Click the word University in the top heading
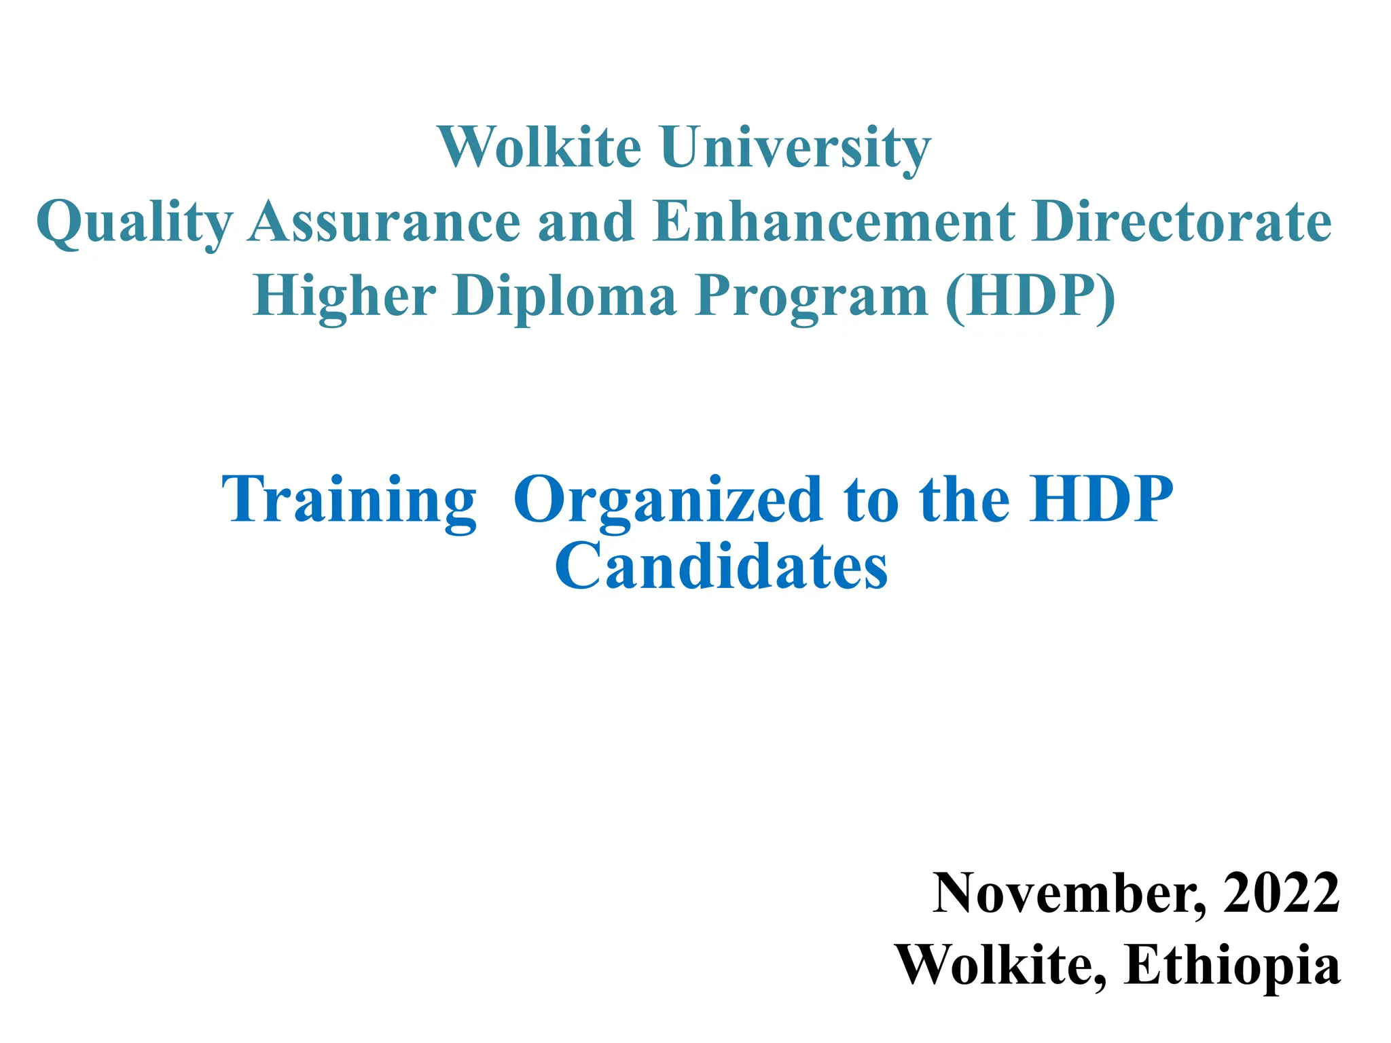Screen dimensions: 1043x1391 click(795, 147)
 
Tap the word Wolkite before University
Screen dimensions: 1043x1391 click(540, 147)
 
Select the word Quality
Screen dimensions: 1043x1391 click(134, 222)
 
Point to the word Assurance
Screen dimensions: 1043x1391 click(384, 222)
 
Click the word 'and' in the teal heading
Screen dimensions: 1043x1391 click(586, 222)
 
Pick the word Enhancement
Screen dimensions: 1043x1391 click(834, 222)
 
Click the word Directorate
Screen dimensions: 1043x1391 click(1181, 222)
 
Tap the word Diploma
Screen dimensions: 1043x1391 click(564, 297)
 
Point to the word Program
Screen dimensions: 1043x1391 click(812, 297)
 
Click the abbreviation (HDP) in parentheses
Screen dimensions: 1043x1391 click(1030, 297)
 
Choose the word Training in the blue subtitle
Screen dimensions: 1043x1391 click(349, 500)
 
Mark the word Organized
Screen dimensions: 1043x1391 click(668, 500)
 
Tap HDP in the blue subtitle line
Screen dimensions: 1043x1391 click(1101, 500)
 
